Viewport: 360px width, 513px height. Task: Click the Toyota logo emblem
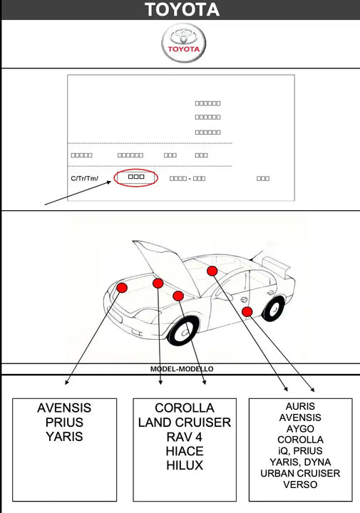(184, 43)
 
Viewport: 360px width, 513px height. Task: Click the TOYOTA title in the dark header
(182, 9)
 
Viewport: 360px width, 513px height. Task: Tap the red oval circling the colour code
(136, 178)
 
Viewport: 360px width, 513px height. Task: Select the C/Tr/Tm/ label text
(84, 178)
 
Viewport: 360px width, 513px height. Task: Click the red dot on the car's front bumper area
(122, 288)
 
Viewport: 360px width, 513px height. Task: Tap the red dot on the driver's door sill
(247, 311)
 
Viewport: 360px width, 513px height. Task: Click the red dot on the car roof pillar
(212, 271)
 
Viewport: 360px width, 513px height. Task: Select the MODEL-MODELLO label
(182, 369)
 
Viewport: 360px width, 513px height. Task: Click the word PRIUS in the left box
(64, 423)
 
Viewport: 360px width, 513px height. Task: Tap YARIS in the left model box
(64, 437)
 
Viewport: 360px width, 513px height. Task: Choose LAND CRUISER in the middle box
(185, 423)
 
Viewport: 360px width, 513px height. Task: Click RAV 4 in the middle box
(185, 437)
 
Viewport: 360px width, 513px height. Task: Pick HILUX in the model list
(185, 465)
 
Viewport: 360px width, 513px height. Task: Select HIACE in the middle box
(185, 451)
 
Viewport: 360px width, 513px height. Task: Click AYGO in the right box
(300, 429)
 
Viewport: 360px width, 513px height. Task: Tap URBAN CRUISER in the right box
(300, 473)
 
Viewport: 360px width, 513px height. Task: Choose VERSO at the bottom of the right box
(300, 484)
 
